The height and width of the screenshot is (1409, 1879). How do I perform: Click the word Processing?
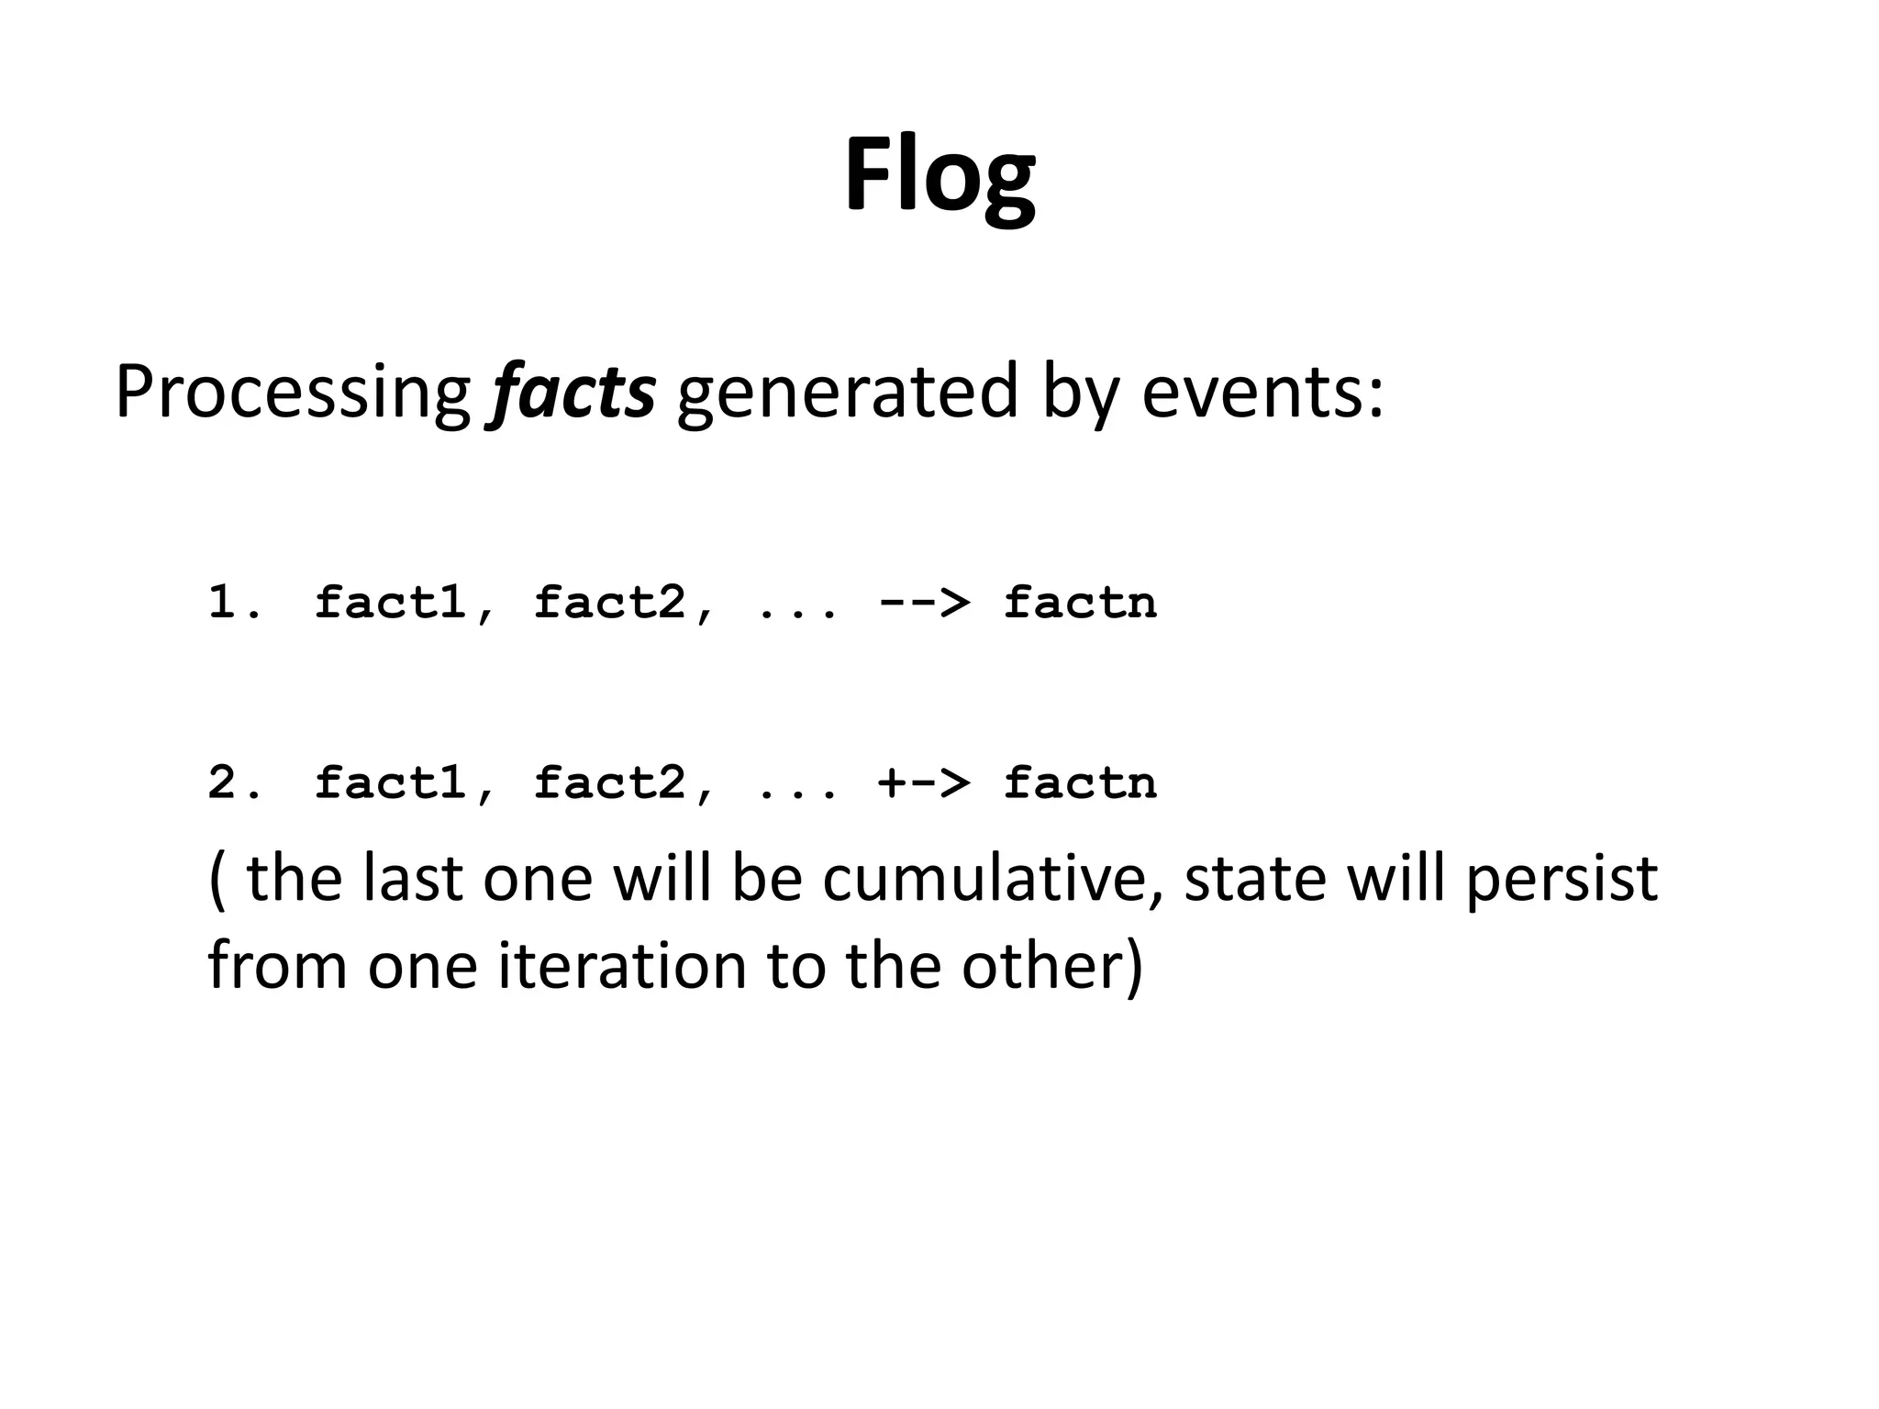(292, 393)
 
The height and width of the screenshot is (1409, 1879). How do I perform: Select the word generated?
(847, 393)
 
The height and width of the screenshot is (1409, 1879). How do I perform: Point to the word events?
(1261, 393)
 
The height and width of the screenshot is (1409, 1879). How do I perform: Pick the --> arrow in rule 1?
(923, 603)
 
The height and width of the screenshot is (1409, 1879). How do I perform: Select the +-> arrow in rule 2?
(923, 782)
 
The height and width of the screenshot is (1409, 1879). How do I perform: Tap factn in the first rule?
(1080, 603)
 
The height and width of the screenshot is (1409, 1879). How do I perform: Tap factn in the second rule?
(1080, 782)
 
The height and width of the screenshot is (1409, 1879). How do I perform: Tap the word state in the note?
(1255, 878)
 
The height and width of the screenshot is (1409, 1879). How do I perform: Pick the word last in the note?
(413, 878)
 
